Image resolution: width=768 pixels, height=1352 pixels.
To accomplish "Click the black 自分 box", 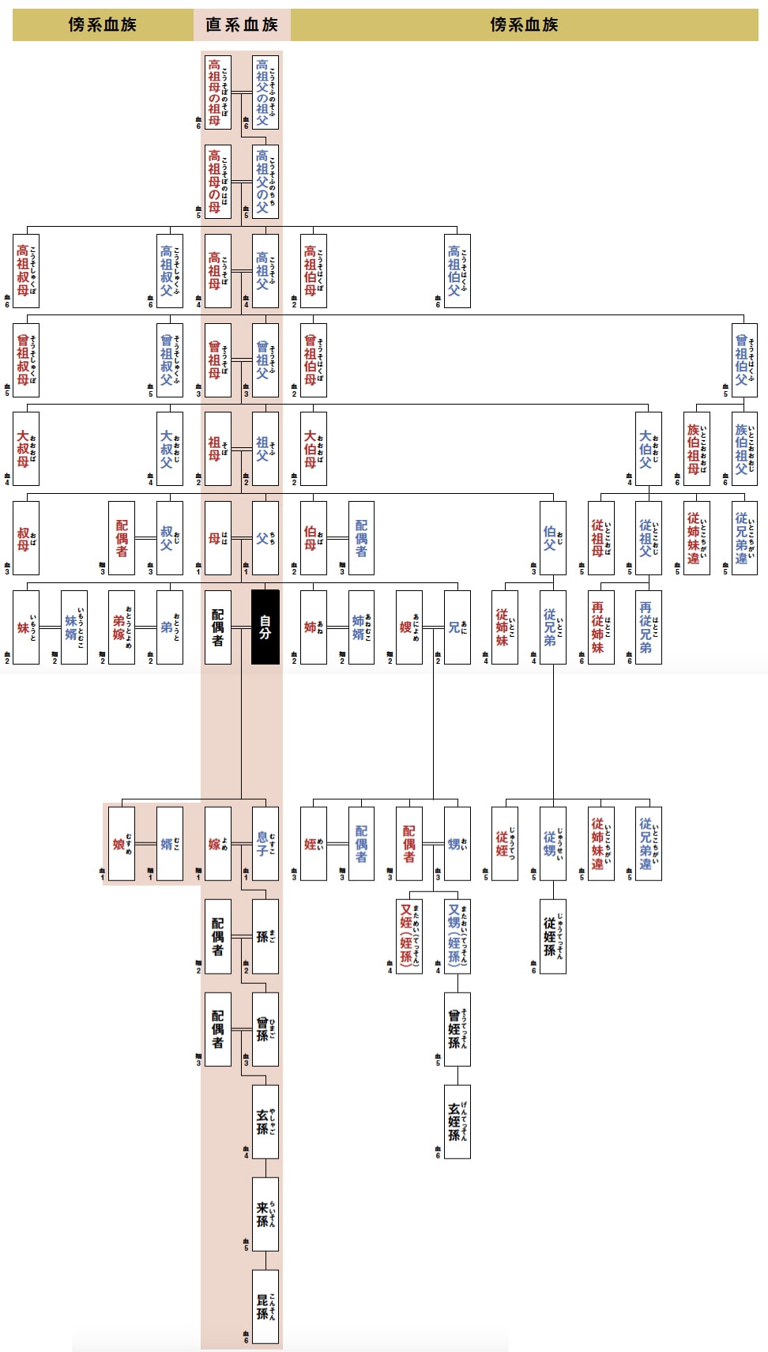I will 265,627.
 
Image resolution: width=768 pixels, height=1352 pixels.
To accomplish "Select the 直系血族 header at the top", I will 242,24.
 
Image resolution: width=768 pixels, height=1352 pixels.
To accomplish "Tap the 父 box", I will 265,537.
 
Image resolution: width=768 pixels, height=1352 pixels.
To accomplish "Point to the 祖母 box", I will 218,448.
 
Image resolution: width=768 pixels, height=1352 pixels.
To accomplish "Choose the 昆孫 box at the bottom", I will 265,1306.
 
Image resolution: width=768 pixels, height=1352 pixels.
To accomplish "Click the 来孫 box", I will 265,1214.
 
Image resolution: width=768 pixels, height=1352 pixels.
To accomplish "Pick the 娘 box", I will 122,843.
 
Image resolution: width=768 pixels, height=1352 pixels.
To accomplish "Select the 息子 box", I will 265,843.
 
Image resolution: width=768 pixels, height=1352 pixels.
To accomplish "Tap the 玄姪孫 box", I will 457,1121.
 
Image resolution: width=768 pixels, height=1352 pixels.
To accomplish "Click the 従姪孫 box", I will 553,936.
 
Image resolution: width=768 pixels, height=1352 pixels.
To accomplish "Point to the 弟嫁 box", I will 122,627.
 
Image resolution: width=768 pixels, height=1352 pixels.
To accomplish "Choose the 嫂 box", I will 409,627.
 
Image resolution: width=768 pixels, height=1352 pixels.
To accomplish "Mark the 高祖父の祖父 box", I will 265,92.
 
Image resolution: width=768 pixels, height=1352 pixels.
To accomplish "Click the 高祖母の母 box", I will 218,181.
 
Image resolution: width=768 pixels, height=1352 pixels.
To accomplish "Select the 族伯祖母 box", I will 697,448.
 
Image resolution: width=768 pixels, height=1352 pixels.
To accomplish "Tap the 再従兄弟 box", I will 649,627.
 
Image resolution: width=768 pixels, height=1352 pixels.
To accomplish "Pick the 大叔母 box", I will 26,448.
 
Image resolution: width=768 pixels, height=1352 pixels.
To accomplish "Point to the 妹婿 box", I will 74,627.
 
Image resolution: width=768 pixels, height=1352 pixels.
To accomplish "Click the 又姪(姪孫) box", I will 409,936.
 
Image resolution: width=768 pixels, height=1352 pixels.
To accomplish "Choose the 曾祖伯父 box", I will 744,360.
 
